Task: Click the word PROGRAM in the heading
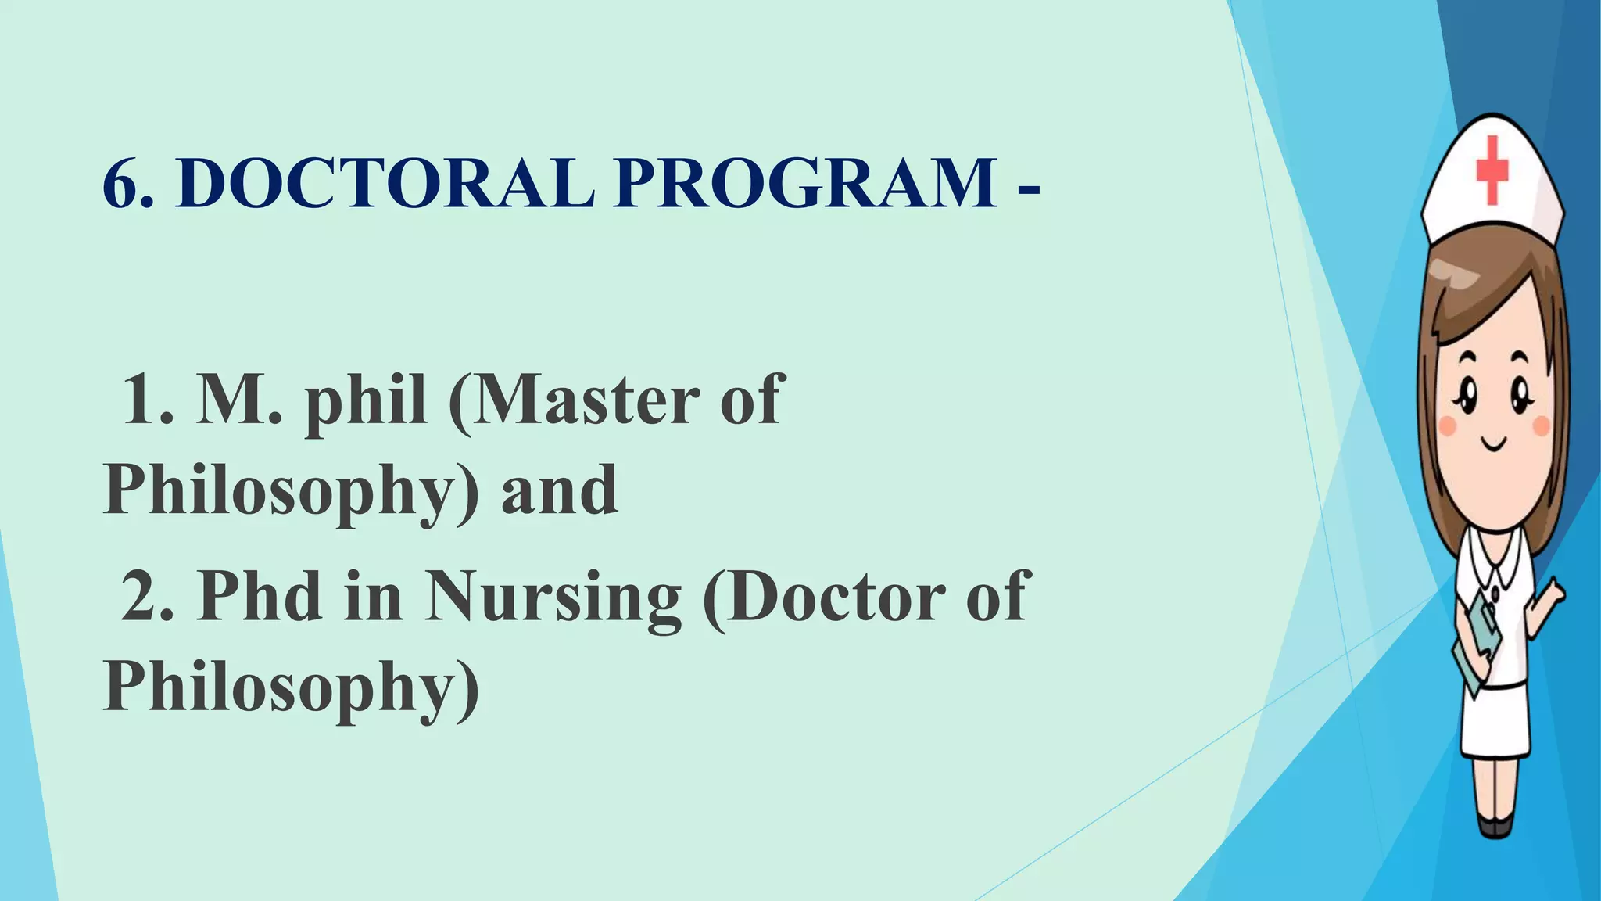[x=805, y=184]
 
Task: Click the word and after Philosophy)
[x=560, y=491]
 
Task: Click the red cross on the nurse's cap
[x=1492, y=170]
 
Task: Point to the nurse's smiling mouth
[x=1494, y=444]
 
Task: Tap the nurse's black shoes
[x=1495, y=826]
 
